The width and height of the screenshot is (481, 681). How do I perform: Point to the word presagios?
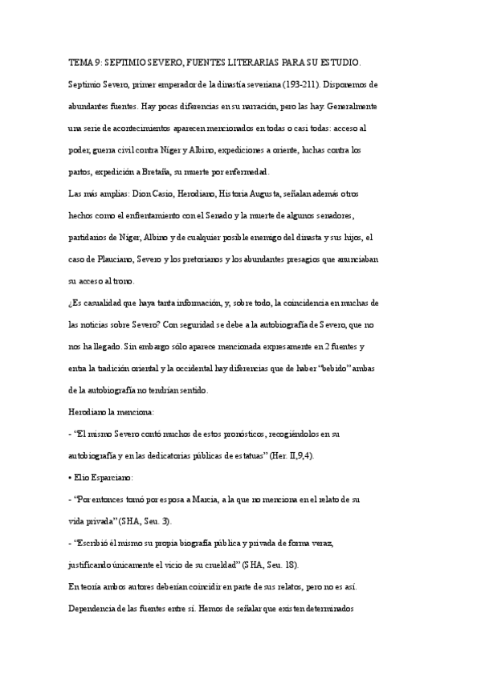[x=299, y=259]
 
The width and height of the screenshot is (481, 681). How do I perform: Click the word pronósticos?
[x=228, y=434]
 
